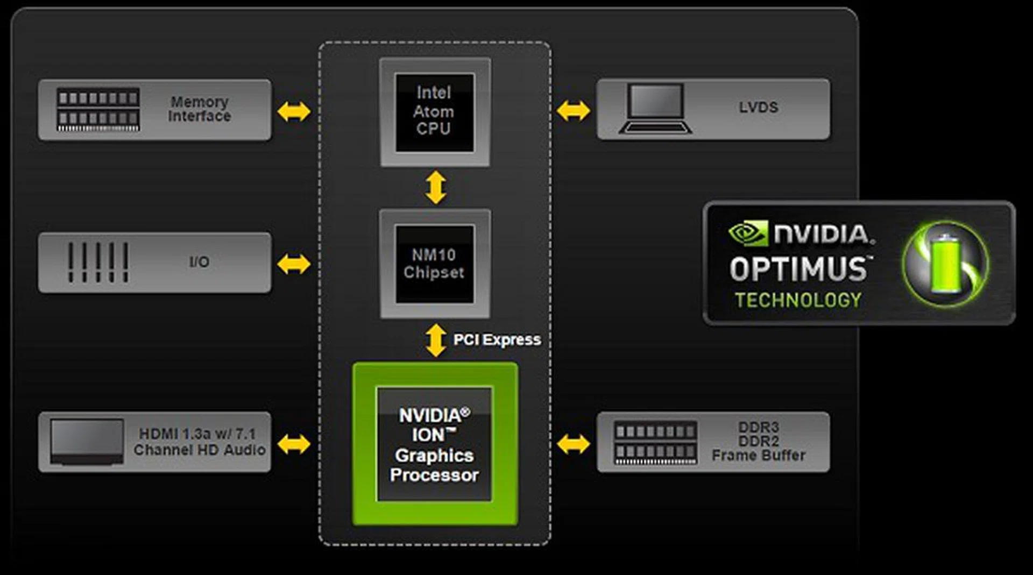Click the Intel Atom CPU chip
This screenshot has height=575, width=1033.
[435, 112]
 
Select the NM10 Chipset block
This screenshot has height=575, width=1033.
[435, 264]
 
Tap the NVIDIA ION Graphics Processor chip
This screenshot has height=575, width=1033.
[435, 444]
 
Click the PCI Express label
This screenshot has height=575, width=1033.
[497, 340]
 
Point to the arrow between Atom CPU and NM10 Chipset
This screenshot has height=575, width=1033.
[435, 187]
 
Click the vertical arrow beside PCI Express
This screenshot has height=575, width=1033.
[435, 340]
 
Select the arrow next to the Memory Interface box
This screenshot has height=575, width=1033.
[294, 111]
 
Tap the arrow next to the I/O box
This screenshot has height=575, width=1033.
[294, 264]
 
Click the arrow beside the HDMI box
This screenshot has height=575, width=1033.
[294, 444]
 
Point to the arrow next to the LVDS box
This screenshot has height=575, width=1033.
[573, 111]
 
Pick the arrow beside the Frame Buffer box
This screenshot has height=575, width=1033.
[573, 444]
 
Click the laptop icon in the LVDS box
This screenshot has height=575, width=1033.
[655, 109]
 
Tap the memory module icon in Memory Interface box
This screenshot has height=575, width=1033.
[98, 110]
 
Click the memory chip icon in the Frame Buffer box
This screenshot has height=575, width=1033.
[655, 443]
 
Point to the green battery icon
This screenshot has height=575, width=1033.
[946, 264]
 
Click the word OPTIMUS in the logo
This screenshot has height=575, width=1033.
[798, 269]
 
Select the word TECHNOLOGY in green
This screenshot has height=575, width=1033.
[798, 300]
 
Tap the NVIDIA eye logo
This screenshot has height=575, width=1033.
[747, 233]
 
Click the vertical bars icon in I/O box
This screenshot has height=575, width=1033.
[98, 262]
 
